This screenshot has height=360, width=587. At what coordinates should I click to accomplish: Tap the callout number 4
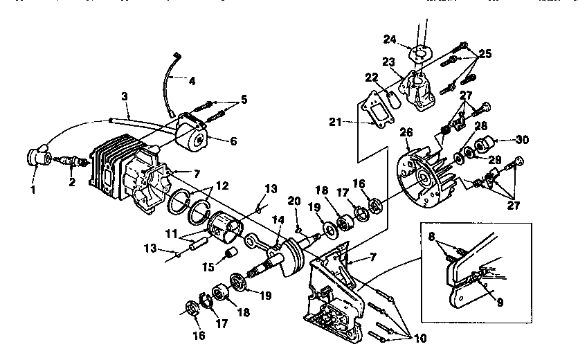(192, 80)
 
